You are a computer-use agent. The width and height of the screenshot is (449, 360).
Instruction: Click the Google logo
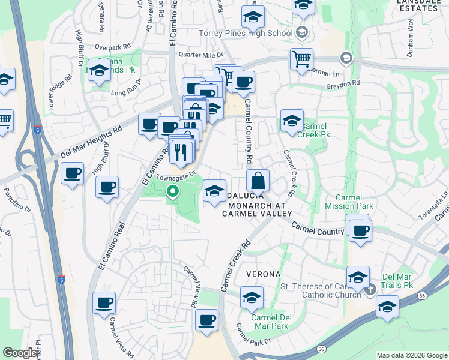tap(20, 353)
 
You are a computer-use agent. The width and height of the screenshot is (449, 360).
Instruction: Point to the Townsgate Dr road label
tap(176, 176)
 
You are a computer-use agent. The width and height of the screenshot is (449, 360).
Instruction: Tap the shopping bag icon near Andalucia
tap(258, 181)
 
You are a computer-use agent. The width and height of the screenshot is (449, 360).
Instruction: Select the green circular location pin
tap(173, 193)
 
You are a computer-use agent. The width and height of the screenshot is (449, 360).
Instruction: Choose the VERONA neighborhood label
tap(263, 274)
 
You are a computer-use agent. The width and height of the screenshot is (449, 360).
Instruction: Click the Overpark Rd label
tap(112, 46)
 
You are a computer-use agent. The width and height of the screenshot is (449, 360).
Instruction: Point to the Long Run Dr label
tap(126, 89)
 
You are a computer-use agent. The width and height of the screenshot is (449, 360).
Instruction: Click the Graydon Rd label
tap(342, 83)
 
